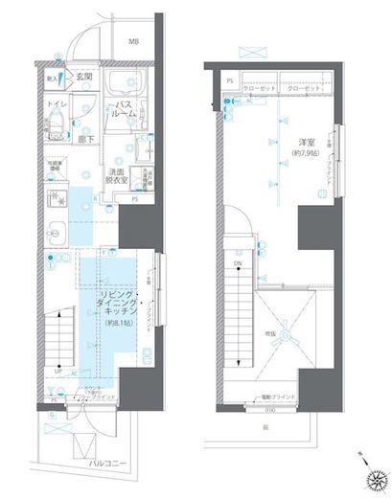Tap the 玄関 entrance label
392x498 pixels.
click(84, 76)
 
